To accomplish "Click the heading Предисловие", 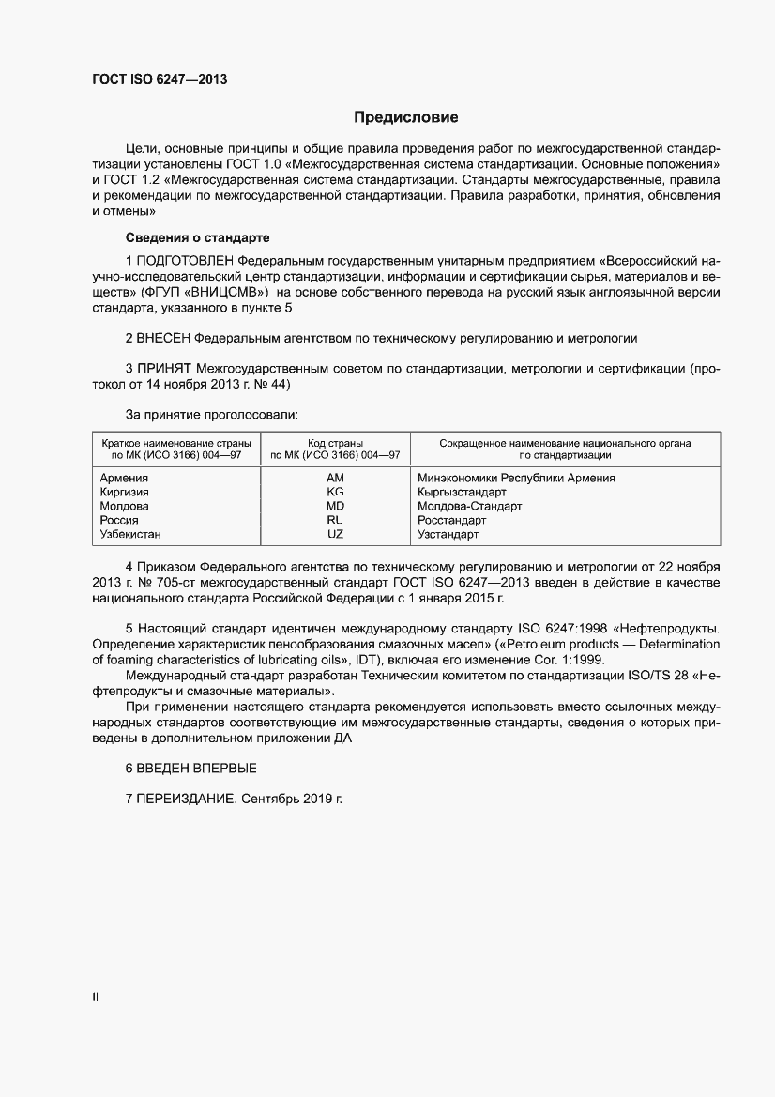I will tap(405, 117).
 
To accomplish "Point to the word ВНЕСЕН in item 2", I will tap(165, 336).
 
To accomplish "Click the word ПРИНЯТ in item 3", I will tap(164, 369).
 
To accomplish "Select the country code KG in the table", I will tap(335, 493).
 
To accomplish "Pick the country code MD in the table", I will tap(335, 507).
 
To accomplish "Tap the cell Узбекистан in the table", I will tap(130, 534).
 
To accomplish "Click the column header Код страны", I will tap(335, 443).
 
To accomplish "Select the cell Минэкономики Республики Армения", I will tap(516, 479).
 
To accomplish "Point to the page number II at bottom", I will tap(95, 998).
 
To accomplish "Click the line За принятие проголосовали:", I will tap(211, 413).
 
